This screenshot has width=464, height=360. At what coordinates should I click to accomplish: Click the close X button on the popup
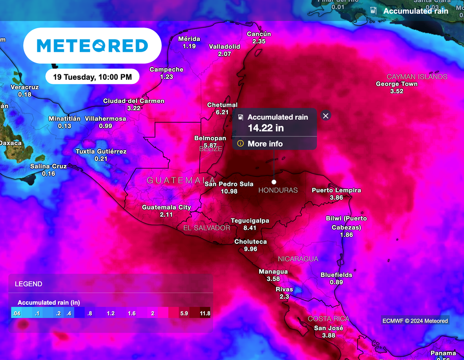pyautogui.click(x=325, y=116)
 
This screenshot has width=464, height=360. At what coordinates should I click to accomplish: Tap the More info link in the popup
pyautogui.click(x=265, y=144)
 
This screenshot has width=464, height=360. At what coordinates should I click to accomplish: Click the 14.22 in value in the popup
pyautogui.click(x=266, y=128)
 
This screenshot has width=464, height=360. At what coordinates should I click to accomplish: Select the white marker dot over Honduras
pyautogui.click(x=274, y=182)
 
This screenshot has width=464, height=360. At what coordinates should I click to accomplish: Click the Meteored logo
pyautogui.click(x=92, y=45)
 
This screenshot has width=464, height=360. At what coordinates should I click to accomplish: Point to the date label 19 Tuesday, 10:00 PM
pyautogui.click(x=92, y=77)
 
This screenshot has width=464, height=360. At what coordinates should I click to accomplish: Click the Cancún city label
pyautogui.click(x=259, y=34)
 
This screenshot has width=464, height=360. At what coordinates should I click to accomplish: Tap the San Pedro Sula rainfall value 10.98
pyautogui.click(x=229, y=191)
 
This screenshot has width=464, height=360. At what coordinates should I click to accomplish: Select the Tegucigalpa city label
pyautogui.click(x=250, y=221)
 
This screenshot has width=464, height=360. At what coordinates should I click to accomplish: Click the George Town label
pyautogui.click(x=396, y=84)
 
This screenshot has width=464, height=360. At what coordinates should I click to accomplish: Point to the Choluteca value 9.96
pyautogui.click(x=250, y=249)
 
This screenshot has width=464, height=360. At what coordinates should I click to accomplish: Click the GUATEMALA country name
pyautogui.click(x=181, y=180)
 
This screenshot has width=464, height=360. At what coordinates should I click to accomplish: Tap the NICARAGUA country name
pyautogui.click(x=298, y=259)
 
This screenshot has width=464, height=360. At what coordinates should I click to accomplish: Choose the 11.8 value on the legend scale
pyautogui.click(x=205, y=313)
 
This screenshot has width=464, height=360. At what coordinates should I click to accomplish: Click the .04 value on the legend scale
pyautogui.click(x=17, y=313)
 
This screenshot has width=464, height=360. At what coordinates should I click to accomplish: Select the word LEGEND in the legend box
pyautogui.click(x=29, y=284)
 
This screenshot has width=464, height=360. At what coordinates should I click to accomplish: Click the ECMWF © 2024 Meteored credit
pyautogui.click(x=415, y=321)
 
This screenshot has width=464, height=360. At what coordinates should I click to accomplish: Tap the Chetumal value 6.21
pyautogui.click(x=222, y=112)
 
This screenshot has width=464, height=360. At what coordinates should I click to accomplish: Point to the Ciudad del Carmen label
pyautogui.click(x=134, y=101)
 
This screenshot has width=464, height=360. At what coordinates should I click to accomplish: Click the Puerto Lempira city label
pyautogui.click(x=336, y=190)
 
